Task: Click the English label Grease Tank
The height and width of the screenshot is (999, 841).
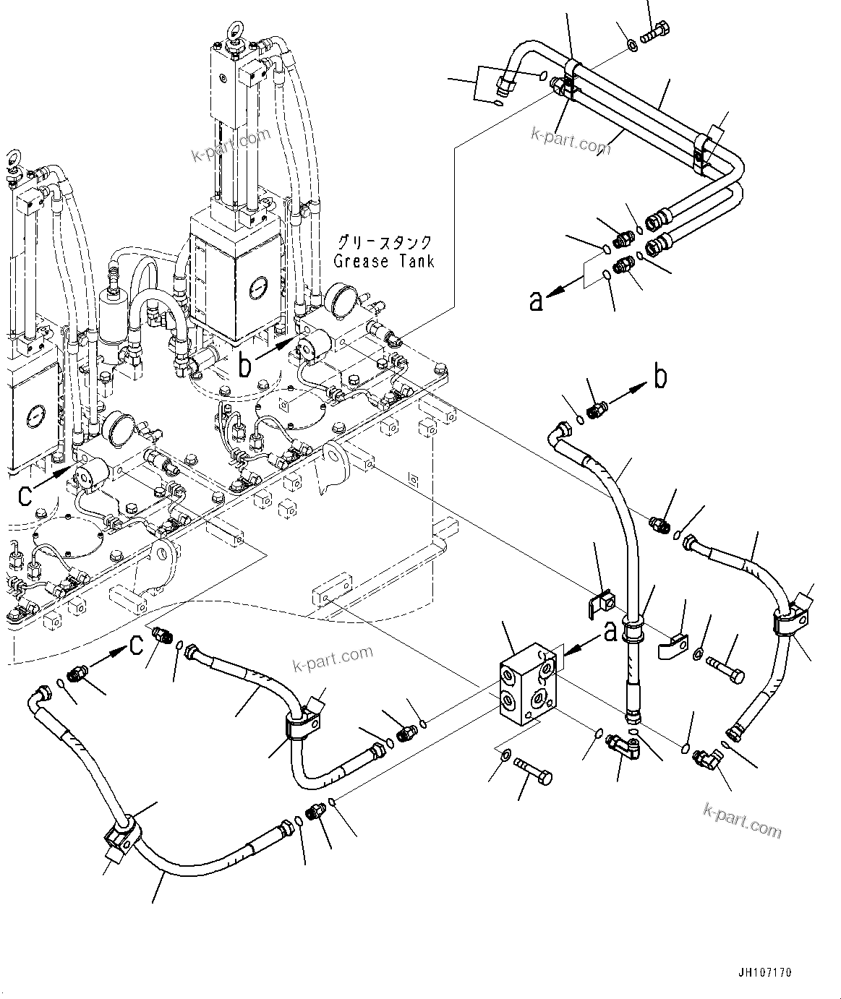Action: point(384,261)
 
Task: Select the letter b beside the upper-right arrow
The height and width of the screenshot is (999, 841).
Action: point(660,377)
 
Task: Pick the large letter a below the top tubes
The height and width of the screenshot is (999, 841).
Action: point(536,299)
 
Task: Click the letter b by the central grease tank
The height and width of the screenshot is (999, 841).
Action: point(246,365)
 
